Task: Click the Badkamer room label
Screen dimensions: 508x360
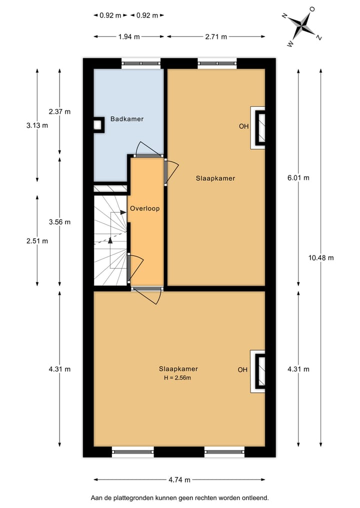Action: point(127,119)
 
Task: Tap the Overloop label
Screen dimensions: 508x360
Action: point(144,208)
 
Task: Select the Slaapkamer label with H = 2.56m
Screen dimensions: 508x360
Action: point(178,369)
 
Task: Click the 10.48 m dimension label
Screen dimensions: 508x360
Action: point(321,258)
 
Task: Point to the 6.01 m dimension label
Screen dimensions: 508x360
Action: point(299,178)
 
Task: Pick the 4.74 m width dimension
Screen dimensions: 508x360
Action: point(179,480)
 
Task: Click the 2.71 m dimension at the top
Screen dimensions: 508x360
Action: point(216,36)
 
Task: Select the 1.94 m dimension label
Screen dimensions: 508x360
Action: point(129,36)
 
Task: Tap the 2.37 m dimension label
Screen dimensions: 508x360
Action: point(59,111)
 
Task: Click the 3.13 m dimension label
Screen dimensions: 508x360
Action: point(37,125)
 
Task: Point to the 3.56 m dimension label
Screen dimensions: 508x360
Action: point(59,222)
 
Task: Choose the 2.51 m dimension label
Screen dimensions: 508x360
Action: point(37,241)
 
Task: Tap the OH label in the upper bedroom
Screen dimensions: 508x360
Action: point(243,126)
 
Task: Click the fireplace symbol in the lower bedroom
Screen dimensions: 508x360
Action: point(259,371)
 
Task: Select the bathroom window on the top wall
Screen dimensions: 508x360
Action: point(141,63)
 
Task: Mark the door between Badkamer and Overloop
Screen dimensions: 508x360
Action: point(146,155)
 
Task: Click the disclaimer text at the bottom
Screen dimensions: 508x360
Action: point(179,498)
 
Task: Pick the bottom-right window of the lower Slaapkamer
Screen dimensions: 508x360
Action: point(224,452)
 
